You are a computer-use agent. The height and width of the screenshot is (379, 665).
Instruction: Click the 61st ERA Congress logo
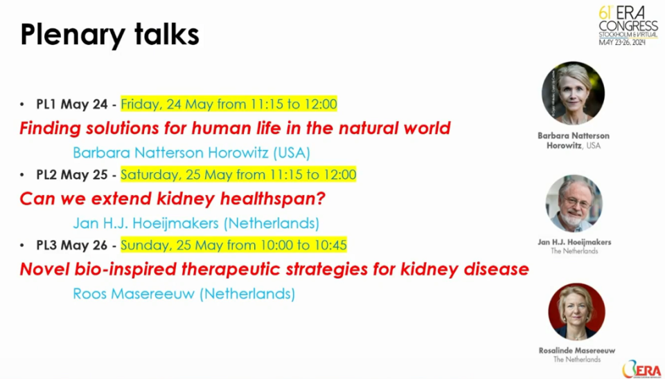(x=628, y=26)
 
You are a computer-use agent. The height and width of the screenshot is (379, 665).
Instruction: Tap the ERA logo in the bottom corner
(x=642, y=369)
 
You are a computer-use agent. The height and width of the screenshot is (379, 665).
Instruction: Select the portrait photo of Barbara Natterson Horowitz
(x=573, y=93)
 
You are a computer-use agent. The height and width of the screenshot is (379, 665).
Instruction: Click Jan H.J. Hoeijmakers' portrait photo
(x=574, y=203)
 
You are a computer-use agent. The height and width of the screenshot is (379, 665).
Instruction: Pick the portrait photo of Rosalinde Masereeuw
(x=576, y=312)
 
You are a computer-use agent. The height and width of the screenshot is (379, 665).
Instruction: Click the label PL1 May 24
(x=72, y=104)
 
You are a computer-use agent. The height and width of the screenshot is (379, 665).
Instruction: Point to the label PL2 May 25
(x=72, y=174)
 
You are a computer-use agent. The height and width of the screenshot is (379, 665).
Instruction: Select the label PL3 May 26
(x=72, y=245)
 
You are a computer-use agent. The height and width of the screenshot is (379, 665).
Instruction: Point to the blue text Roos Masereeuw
(x=133, y=293)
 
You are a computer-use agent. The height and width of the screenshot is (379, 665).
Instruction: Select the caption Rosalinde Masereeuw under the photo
(x=577, y=351)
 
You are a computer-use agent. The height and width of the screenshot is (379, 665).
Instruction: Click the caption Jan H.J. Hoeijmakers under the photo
(x=574, y=242)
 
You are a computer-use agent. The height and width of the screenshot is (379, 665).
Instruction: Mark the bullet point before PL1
(x=22, y=104)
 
